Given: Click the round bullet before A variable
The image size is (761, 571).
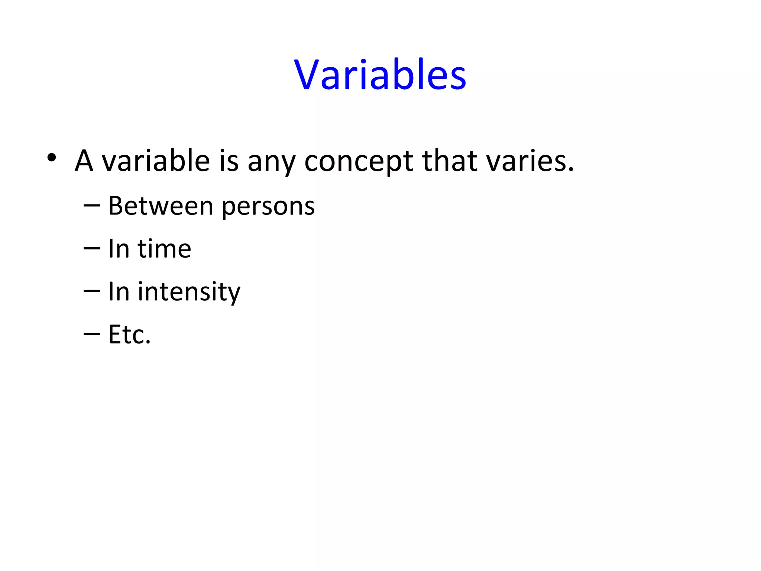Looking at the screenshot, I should point(52,158).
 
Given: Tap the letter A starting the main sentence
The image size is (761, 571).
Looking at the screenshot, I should point(84,161).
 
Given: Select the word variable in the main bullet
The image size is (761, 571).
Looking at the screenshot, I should point(156,161).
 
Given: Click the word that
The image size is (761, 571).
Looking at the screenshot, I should point(450,161).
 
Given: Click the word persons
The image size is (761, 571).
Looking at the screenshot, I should point(268,208).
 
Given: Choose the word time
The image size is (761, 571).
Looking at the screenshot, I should point(164,249).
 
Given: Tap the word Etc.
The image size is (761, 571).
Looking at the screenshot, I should point(129,335).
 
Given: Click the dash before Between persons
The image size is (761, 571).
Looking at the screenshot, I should point(92,206).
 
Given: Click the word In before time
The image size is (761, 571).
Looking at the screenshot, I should point(119,249).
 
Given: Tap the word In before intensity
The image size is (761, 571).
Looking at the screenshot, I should point(119,291).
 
